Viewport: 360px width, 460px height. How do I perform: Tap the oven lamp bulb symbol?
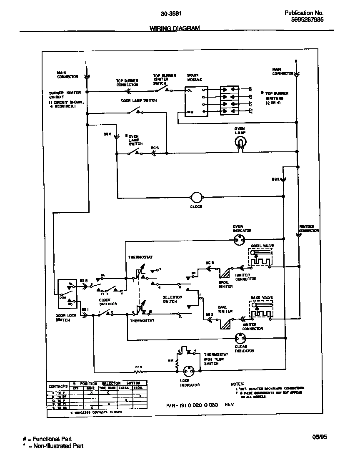240,143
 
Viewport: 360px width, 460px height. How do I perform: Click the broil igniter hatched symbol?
225,273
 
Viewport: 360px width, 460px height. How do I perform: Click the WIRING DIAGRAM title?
175,28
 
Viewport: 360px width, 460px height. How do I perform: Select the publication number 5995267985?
304,20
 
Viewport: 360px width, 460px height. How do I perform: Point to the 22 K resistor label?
137,367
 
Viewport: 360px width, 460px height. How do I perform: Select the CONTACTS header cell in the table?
57,386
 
